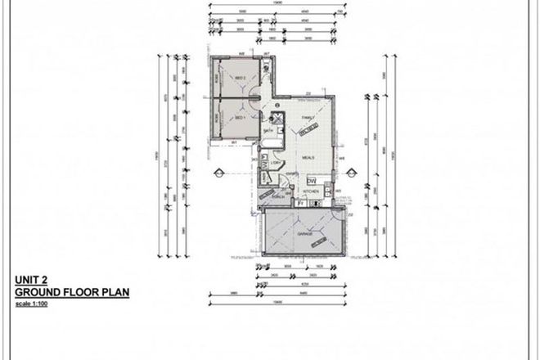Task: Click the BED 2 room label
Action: (241, 77)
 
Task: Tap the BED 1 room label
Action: (241, 118)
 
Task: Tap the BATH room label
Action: (268, 130)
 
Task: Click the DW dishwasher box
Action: (312, 180)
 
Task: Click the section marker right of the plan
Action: (353, 171)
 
